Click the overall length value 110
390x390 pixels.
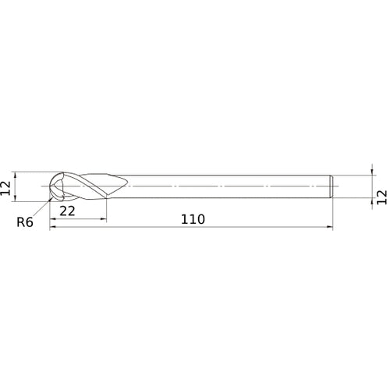tap(192, 219)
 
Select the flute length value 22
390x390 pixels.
tap(67, 211)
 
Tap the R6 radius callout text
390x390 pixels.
tap(25, 222)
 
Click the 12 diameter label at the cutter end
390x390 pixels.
tap(7, 186)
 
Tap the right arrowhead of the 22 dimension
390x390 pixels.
tap(105, 219)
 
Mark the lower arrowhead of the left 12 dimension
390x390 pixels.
tap(15, 199)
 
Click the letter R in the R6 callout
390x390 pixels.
tap(21, 222)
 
